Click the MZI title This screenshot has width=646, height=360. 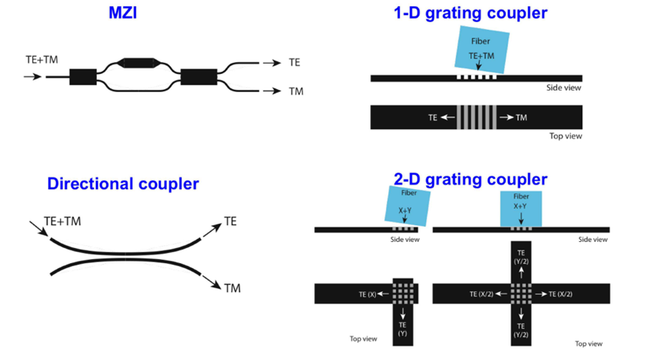[x=122, y=13]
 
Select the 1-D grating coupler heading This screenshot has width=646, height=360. [x=470, y=13]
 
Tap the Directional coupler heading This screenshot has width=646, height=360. [x=123, y=184]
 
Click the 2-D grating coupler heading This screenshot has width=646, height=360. [x=470, y=180]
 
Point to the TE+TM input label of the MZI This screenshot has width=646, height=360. [x=42, y=59]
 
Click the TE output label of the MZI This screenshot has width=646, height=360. [x=295, y=63]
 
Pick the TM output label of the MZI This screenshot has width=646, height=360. [x=295, y=91]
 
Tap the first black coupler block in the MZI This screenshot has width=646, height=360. [x=83, y=76]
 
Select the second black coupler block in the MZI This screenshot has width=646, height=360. [x=199, y=76]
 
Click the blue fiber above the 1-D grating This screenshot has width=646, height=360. [x=481, y=49]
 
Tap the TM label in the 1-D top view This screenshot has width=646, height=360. [x=521, y=117]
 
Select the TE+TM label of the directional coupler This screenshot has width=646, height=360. [x=62, y=221]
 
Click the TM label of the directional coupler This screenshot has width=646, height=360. [x=232, y=288]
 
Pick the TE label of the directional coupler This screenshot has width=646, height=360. [x=230, y=221]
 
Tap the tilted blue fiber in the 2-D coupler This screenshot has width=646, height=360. [x=407, y=206]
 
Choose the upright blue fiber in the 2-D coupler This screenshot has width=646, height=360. [x=522, y=207]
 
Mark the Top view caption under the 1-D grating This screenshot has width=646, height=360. [x=565, y=136]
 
